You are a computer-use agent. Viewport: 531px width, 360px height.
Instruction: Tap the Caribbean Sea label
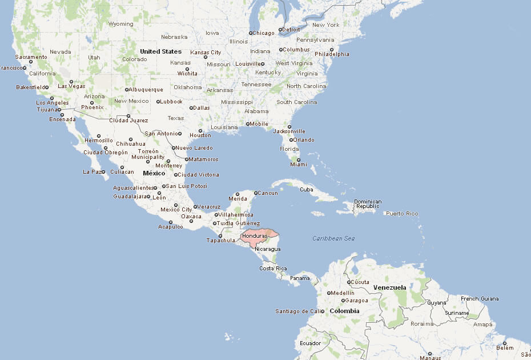[333, 238]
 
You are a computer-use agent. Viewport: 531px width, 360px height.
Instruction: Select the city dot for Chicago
[250, 33]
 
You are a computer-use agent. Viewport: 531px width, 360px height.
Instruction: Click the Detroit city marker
[280, 30]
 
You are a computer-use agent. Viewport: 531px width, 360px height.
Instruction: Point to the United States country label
[160, 51]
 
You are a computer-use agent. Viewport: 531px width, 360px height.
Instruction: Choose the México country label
[154, 173]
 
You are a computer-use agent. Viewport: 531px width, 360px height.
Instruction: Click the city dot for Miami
[298, 159]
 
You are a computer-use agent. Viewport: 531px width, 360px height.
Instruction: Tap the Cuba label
[307, 189]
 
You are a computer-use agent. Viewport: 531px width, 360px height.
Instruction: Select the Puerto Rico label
[402, 214]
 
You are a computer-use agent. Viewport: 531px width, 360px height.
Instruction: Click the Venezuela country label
[389, 287]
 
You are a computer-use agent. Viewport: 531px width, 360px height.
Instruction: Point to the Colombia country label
[344, 311]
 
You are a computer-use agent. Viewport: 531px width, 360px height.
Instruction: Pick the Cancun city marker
[256, 193]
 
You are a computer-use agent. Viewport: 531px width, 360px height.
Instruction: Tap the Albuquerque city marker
[126, 90]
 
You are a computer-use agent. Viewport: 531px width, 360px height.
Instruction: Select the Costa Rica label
[273, 268]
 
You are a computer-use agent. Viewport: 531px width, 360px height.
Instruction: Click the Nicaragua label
[267, 249]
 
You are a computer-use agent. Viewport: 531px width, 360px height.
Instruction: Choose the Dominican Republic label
[367, 203]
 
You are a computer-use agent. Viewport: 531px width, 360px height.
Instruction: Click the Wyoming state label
[120, 24]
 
